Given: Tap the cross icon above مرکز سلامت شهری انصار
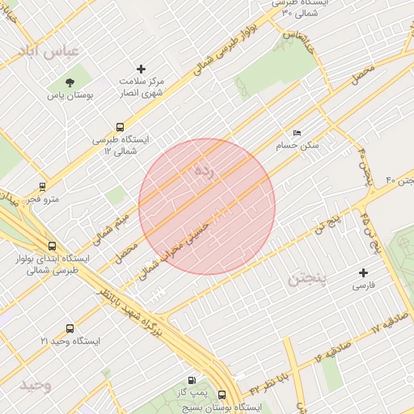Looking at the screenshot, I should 142,69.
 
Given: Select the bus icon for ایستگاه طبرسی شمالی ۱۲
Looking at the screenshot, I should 120,126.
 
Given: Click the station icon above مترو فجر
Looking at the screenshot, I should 42,187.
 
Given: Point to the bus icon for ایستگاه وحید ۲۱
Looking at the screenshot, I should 70,328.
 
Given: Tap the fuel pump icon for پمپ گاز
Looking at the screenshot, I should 191,380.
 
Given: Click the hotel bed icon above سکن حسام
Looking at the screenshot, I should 297,133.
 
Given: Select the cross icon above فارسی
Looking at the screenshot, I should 363,272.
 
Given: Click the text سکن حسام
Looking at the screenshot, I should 297,146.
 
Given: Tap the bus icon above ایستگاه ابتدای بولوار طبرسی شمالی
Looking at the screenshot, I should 53,246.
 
